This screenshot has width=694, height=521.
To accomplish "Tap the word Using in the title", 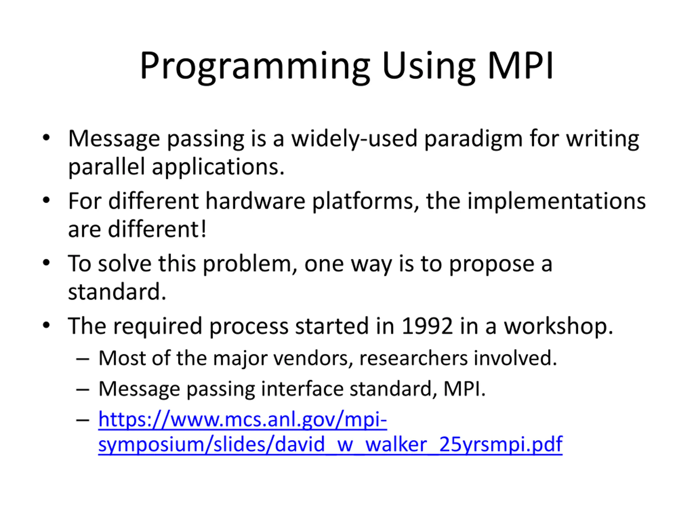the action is coord(429,67).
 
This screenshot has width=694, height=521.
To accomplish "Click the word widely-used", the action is coord(354,139).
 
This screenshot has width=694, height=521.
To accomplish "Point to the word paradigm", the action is coord(473,139).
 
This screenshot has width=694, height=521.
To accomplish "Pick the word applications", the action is coord(218,167).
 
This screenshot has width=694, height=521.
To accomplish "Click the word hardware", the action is coord(255,201).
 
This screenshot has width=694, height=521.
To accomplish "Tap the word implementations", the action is coord(556,201).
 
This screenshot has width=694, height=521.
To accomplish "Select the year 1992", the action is coord(427,326).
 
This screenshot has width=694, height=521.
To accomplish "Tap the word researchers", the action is coord(413,358).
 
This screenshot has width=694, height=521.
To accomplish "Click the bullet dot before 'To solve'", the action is coord(46,263).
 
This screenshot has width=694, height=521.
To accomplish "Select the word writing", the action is coord(602,139).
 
